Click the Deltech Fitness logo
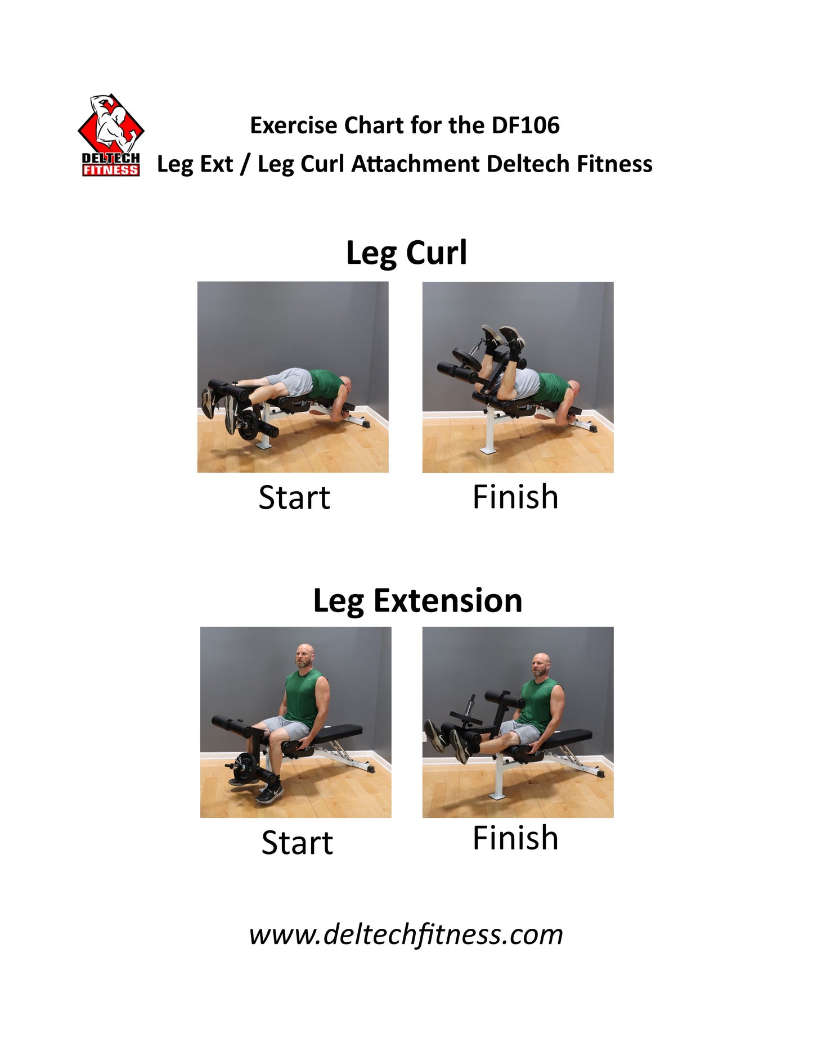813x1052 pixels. coord(111,136)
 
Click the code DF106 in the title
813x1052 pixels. coord(525,125)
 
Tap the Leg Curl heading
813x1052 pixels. coord(406,253)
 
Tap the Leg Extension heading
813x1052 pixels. coord(417,601)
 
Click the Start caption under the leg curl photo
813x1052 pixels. coord(294,497)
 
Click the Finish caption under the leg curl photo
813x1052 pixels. coord(515,497)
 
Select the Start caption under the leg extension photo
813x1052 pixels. coord(297,843)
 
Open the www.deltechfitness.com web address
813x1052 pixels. coord(406,934)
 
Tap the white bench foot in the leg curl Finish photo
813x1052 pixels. coord(488,451)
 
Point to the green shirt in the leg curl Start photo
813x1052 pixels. coord(327,384)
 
